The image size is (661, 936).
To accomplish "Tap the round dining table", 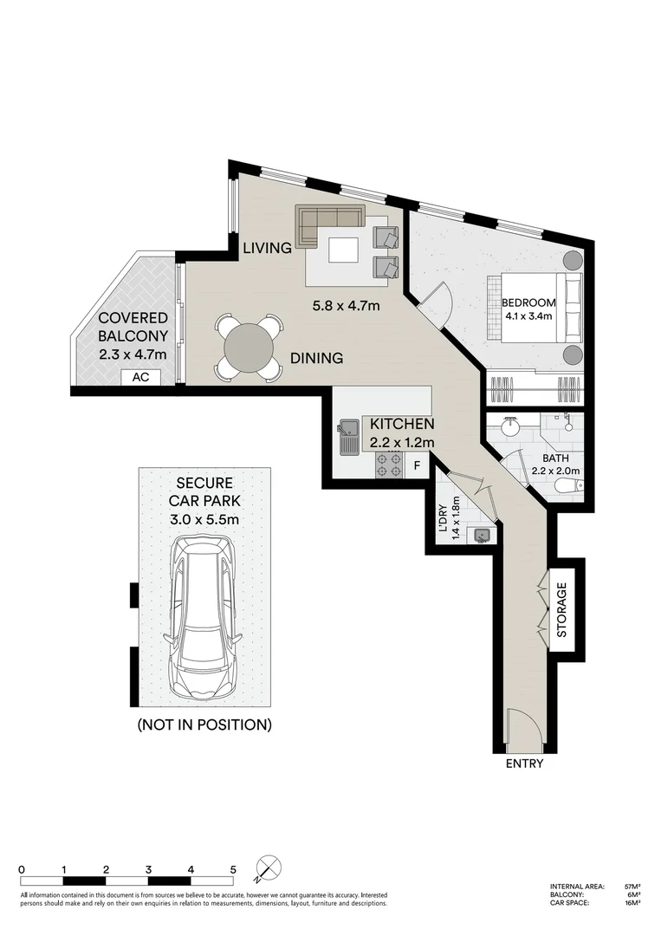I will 248,347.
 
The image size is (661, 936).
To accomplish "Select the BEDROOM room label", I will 528,302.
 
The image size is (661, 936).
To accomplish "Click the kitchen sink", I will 350,437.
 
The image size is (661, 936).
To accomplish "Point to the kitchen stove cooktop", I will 389,465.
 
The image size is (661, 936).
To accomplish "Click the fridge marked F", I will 417,465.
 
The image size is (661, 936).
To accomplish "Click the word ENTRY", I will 524,764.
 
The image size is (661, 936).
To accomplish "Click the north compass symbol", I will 269,868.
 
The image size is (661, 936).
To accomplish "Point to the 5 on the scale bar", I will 233,869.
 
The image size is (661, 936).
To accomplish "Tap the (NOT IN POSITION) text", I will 204,725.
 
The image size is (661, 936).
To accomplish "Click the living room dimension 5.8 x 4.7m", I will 347,305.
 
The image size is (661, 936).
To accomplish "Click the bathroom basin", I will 511,427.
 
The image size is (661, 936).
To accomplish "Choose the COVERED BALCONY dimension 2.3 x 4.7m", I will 132,354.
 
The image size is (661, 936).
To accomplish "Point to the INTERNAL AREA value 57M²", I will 632,887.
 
